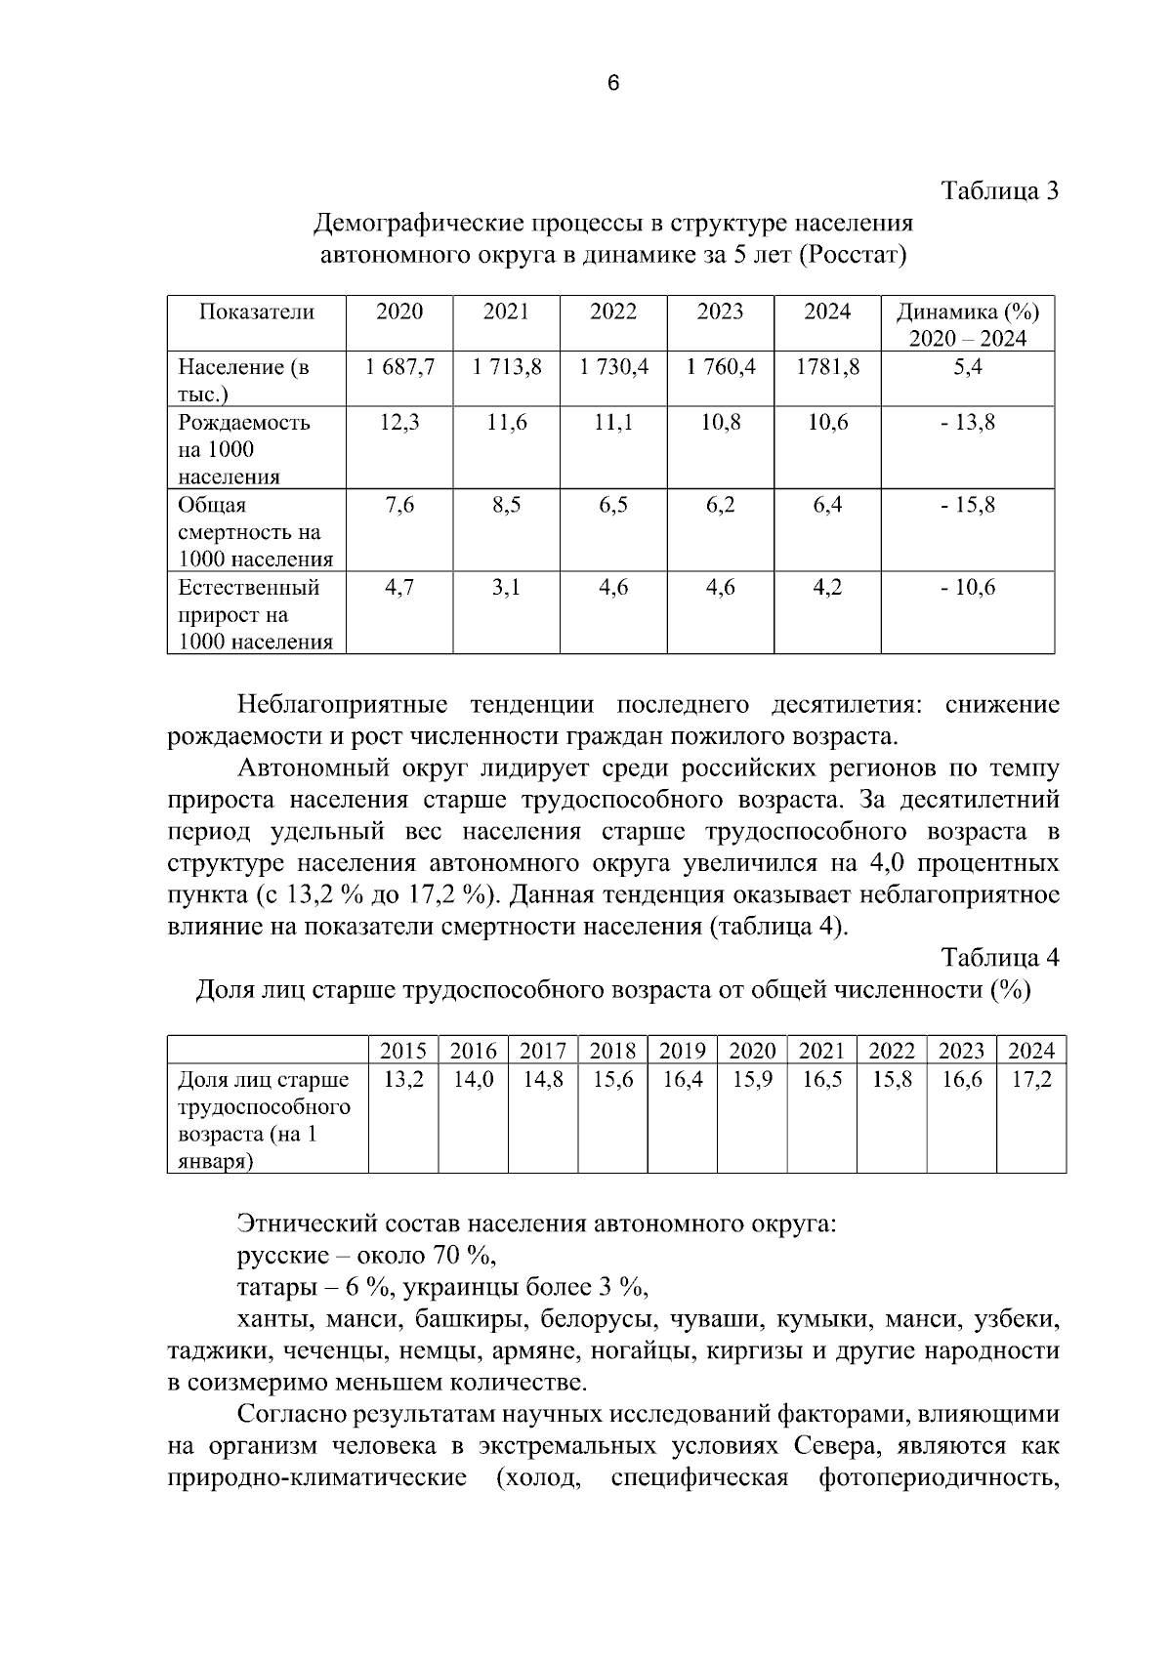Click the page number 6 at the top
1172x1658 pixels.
[612, 84]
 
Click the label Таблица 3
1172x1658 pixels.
[1000, 190]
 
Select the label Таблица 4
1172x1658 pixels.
[1000, 957]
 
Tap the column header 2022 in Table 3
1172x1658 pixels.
[613, 311]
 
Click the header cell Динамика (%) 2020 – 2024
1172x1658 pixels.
[967, 324]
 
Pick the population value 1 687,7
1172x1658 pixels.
[399, 367]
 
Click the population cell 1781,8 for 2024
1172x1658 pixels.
[827, 367]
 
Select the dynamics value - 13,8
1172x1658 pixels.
[967, 423]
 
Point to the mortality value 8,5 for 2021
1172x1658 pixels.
[506, 505]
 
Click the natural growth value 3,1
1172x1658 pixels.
[506, 587]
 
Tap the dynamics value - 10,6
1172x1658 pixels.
[967, 587]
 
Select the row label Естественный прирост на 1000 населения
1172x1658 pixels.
[254, 614]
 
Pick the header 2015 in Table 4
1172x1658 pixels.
[402, 1051]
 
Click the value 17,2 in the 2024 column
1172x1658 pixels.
[1031, 1080]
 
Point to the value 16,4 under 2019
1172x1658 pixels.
[682, 1080]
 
